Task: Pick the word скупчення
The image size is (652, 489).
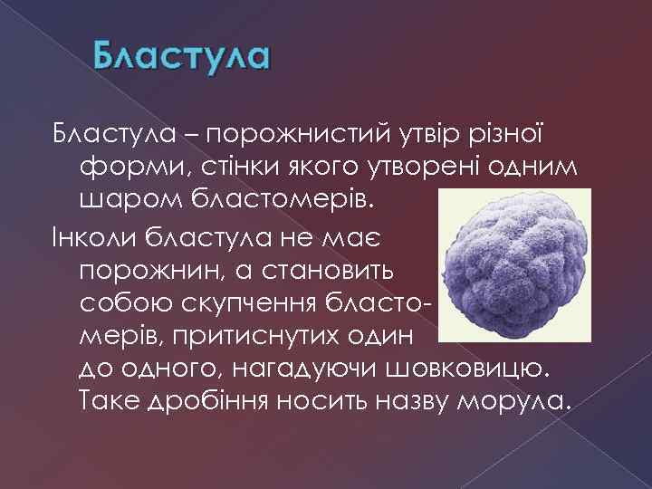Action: tap(257, 302)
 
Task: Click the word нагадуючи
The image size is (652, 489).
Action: tap(306, 369)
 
